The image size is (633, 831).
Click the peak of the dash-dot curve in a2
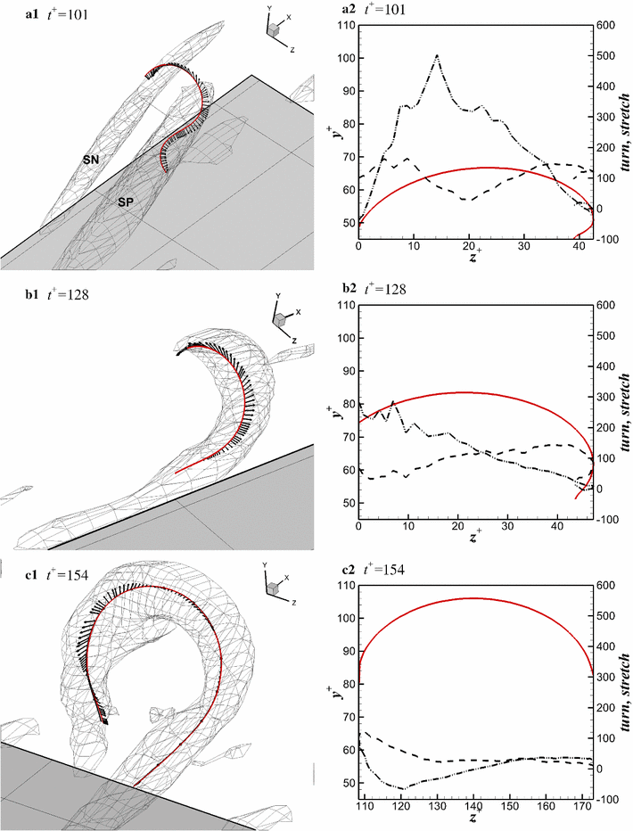tap(437, 55)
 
